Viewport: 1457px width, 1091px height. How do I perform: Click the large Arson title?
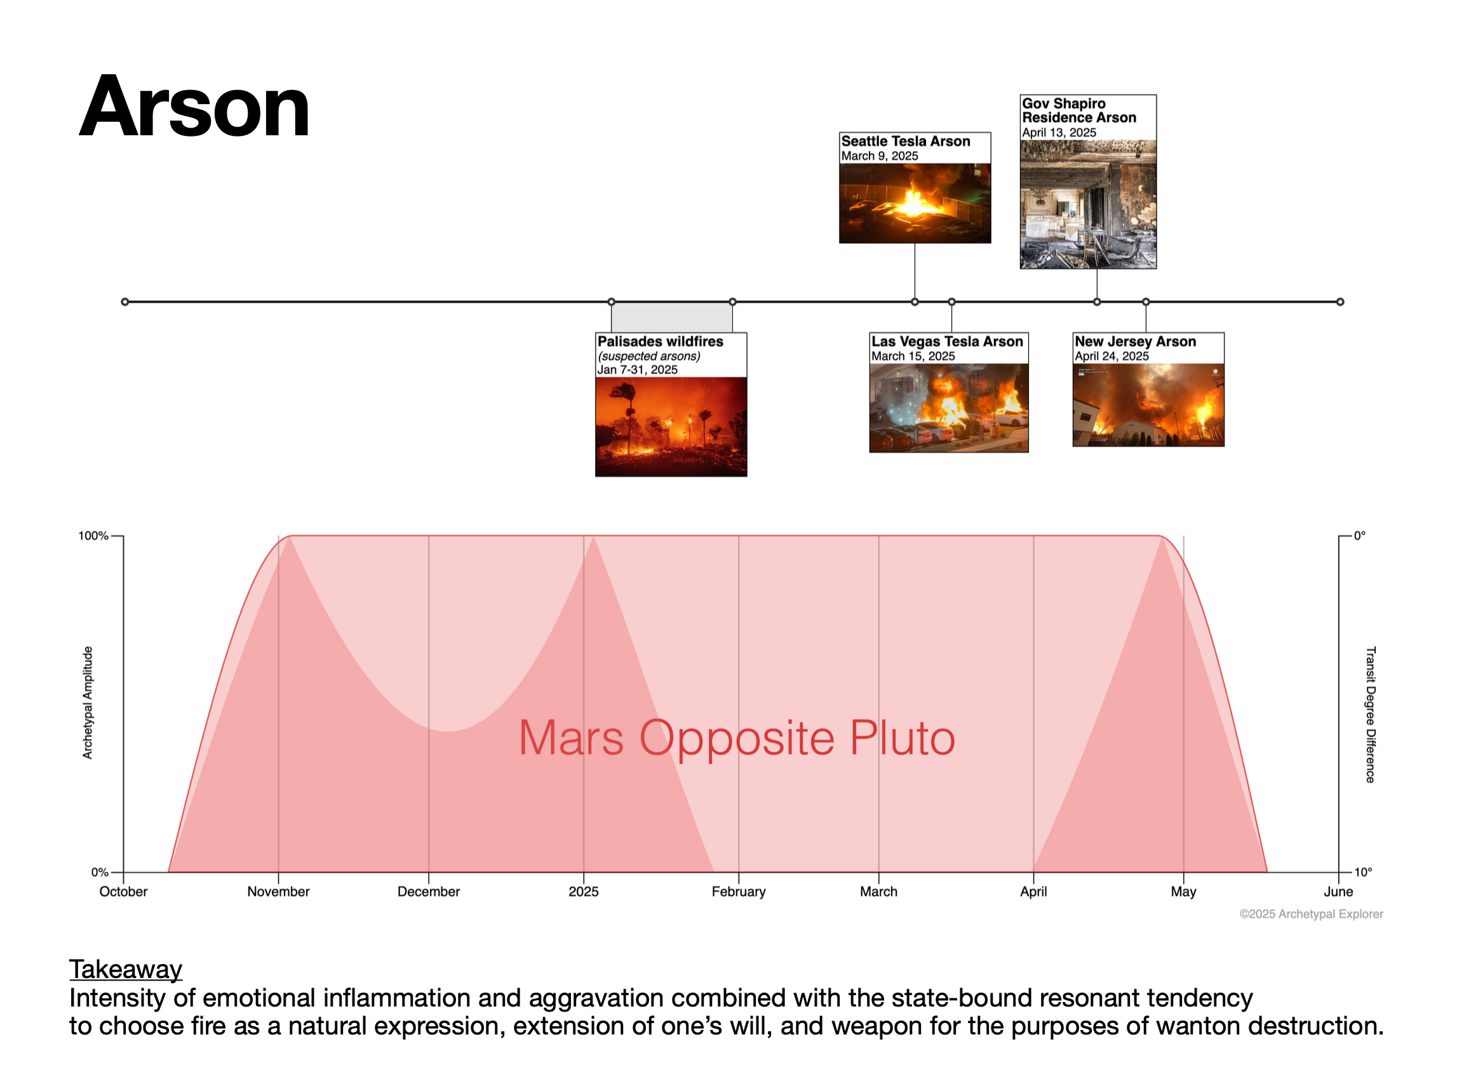(x=194, y=107)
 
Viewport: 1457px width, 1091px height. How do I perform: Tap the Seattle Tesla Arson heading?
(x=906, y=141)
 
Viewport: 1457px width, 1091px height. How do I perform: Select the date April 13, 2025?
(x=1059, y=132)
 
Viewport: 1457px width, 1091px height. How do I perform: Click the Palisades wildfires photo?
(x=671, y=427)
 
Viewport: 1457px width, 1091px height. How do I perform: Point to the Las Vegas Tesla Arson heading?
(x=947, y=341)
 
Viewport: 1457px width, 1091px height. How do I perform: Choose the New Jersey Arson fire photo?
(x=1148, y=405)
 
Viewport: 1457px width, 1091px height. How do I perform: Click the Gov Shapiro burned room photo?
(x=1088, y=204)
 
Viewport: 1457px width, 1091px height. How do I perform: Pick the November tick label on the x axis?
(x=278, y=892)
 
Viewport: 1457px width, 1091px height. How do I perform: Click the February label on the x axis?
(x=739, y=892)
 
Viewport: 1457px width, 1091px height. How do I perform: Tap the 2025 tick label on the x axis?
(x=584, y=892)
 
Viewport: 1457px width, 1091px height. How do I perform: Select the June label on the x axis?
(x=1338, y=892)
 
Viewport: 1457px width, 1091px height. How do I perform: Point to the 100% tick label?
(x=93, y=536)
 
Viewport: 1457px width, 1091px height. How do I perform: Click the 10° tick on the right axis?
(x=1363, y=873)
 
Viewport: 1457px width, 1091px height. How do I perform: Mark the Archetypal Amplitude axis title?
(x=87, y=703)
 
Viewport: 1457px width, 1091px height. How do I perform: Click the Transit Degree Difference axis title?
(x=1371, y=715)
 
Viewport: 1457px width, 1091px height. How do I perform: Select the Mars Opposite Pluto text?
(x=737, y=738)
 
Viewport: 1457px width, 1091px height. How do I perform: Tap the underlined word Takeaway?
(x=126, y=969)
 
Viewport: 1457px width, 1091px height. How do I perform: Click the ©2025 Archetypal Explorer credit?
(x=1312, y=914)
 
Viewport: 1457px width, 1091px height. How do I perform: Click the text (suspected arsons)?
(x=649, y=356)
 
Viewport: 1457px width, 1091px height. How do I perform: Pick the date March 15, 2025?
(x=913, y=356)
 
